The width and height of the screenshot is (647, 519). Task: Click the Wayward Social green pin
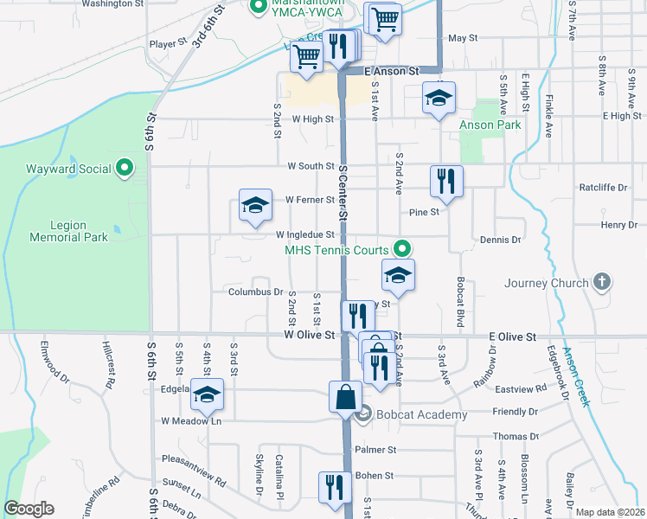125,169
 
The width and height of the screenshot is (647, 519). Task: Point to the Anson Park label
490,125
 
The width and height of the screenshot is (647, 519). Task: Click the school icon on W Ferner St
255,206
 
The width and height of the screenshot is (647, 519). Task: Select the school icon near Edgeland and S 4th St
207,395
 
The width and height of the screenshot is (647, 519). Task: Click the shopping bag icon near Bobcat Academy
345,397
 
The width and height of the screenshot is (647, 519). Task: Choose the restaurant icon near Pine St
446,182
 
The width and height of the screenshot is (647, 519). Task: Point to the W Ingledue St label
305,234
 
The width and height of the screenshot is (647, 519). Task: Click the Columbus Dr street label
256,292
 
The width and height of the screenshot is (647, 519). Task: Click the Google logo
29,509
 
